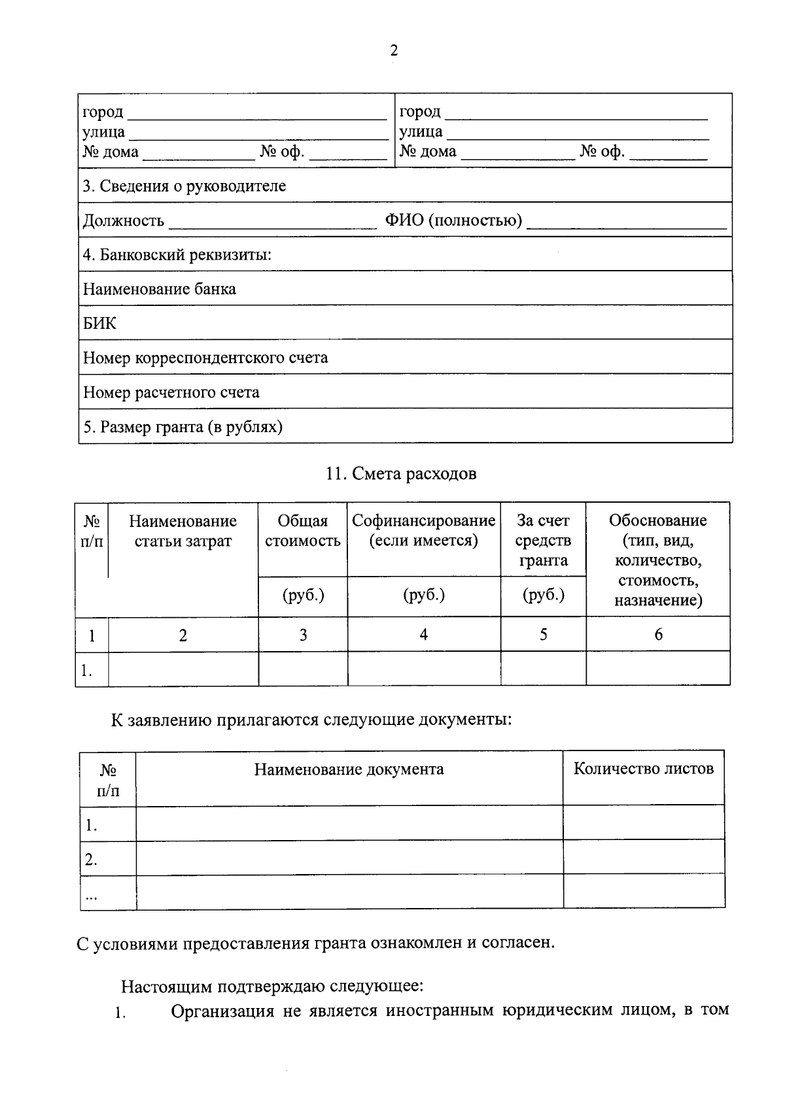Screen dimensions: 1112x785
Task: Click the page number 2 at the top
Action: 393,51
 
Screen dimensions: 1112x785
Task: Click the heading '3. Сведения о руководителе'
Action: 184,186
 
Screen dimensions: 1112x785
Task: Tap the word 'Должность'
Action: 124,221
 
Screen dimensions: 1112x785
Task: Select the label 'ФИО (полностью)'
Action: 453,220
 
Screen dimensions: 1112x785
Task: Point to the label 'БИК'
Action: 99,323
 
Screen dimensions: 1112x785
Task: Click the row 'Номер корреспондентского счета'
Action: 205,358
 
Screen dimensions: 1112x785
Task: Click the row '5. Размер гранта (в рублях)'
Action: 183,427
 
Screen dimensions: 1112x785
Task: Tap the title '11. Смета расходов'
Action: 401,473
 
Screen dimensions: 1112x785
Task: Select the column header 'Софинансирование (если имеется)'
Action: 424,531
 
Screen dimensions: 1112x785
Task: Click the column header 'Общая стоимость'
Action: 303,531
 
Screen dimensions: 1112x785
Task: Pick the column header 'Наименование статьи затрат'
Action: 183,531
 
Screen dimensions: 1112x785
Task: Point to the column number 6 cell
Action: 658,634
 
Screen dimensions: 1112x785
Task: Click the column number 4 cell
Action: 424,634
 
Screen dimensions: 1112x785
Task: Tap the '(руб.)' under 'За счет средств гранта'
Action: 544,595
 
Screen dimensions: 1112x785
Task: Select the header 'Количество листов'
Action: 644,769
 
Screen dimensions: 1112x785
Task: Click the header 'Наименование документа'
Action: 349,769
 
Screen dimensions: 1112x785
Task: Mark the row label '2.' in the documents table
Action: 91,860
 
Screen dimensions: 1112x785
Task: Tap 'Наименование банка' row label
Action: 160,289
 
